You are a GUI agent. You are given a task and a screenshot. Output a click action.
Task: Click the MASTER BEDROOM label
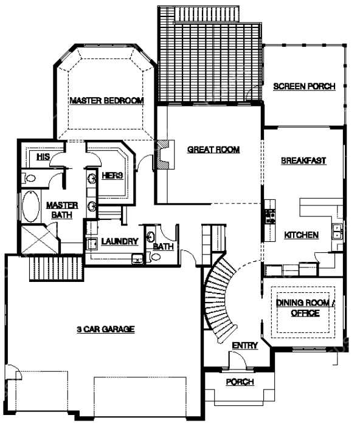coord(107,101)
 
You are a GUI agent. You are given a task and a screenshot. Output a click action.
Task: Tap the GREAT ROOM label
coord(213,149)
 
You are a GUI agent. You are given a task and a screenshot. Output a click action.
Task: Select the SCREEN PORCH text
coord(305,86)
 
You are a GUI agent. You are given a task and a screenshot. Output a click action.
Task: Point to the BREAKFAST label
coord(303,160)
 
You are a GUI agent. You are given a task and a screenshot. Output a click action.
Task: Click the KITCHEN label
coord(301,235)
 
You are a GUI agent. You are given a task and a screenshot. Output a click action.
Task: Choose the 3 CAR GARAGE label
coord(106,329)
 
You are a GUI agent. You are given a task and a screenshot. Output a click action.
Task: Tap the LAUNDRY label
coord(120,241)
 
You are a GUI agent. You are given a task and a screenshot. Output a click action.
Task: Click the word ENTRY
coord(244,346)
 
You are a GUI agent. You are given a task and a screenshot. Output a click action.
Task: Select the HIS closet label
coord(44,157)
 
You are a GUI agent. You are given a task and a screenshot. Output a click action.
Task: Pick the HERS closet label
coord(112,176)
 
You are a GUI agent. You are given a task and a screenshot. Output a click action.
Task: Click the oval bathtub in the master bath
coord(30,206)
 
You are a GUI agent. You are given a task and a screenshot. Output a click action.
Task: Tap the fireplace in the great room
coord(165,154)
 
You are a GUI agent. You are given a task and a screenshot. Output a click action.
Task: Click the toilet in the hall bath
coord(155,257)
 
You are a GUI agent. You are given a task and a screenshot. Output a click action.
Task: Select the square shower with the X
coord(40,239)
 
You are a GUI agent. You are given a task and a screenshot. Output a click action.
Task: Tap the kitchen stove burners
coord(270,216)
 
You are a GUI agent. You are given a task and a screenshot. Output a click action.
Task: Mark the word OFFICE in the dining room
coord(305,313)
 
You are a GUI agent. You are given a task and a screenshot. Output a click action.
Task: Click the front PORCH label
coord(240,382)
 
